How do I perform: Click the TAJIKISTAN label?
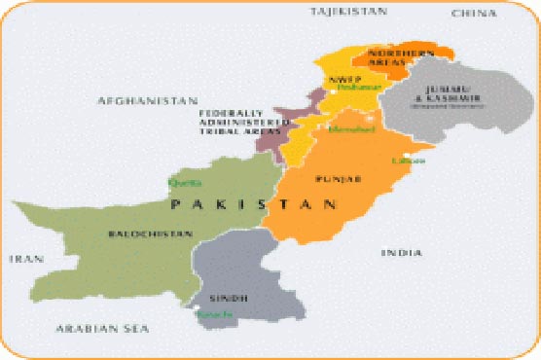coord(347,11)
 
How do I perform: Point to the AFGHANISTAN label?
coord(147,100)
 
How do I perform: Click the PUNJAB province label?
coord(338,180)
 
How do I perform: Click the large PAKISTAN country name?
coord(254,206)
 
